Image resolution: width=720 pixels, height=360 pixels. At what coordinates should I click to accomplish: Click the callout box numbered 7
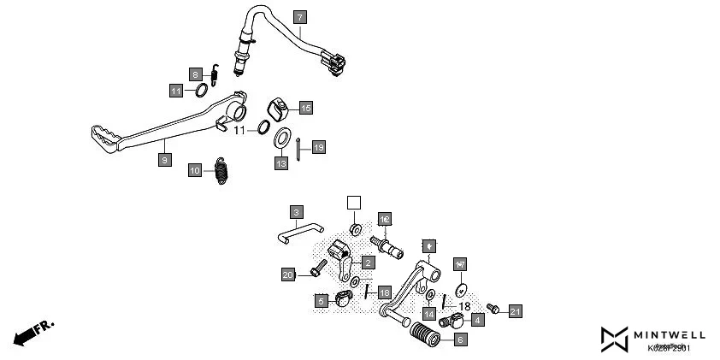[x=298, y=16]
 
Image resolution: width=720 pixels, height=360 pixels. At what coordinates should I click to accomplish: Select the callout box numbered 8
[x=195, y=74]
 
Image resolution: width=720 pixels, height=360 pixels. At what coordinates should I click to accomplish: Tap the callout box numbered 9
[x=164, y=159]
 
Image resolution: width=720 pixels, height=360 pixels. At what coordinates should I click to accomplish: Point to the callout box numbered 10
[x=195, y=170]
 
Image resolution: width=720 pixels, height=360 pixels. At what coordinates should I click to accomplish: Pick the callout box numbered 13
[x=280, y=162]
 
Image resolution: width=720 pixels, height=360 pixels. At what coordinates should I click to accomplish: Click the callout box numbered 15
[x=305, y=108]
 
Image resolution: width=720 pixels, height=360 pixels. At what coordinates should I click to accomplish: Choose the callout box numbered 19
[x=317, y=148]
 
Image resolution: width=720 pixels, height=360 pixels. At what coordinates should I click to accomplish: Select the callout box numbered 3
[x=296, y=211]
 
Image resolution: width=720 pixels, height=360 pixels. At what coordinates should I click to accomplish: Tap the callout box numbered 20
[x=288, y=274]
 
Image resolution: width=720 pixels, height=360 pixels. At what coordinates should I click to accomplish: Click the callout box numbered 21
[x=515, y=310]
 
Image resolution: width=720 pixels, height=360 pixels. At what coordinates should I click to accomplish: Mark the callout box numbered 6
[x=460, y=339]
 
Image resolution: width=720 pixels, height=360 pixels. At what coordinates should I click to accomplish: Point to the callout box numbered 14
[x=428, y=314]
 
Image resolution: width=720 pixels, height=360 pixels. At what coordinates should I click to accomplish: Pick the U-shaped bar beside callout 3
[x=298, y=232]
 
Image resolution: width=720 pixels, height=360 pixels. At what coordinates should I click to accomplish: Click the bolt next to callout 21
[x=493, y=307]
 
